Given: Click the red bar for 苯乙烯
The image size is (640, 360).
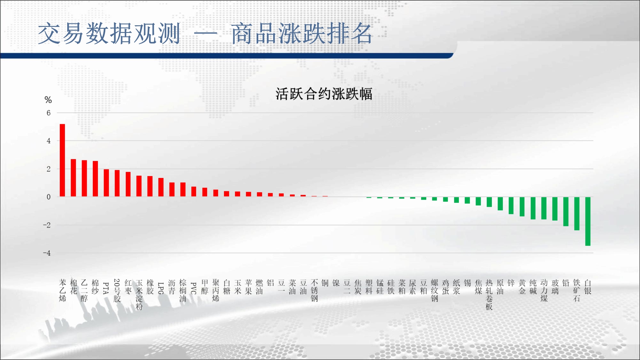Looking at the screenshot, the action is pyautogui.click(x=62, y=160).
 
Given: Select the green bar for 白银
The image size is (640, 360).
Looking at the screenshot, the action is pyautogui.click(x=588, y=221).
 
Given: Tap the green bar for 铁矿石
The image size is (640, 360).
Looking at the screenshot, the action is pyautogui.click(x=577, y=214).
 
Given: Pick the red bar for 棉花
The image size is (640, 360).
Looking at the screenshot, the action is pyautogui.click(x=73, y=178).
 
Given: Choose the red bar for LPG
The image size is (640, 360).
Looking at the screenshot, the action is pyautogui.click(x=161, y=187).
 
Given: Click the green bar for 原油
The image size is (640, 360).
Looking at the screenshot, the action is pyautogui.click(x=500, y=204).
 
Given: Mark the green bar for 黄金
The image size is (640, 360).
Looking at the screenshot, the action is pyautogui.click(x=522, y=207).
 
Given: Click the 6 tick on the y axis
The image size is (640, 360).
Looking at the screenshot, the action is pyautogui.click(x=49, y=113).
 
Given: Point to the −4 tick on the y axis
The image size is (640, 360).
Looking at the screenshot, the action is pyautogui.click(x=47, y=253).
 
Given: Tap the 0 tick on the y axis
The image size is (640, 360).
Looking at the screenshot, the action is pyautogui.click(x=49, y=197).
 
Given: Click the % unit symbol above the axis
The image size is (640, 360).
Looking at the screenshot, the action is pyautogui.click(x=48, y=100).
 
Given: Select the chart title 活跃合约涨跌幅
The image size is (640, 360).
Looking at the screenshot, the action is pyautogui.click(x=324, y=94).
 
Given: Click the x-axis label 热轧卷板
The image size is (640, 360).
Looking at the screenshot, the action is pyautogui.click(x=489, y=295).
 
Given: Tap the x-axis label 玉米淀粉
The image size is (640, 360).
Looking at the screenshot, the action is pyautogui.click(x=139, y=295).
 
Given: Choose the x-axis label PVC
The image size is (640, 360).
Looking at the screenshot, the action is pyautogui.click(x=194, y=288).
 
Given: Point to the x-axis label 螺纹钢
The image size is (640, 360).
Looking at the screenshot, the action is pyautogui.click(x=435, y=291).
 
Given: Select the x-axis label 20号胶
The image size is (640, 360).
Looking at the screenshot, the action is pyautogui.click(x=117, y=291).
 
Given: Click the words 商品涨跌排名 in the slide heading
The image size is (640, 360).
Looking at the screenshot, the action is pyautogui.click(x=302, y=34).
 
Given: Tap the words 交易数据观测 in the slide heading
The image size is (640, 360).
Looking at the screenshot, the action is pyautogui.click(x=109, y=34).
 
